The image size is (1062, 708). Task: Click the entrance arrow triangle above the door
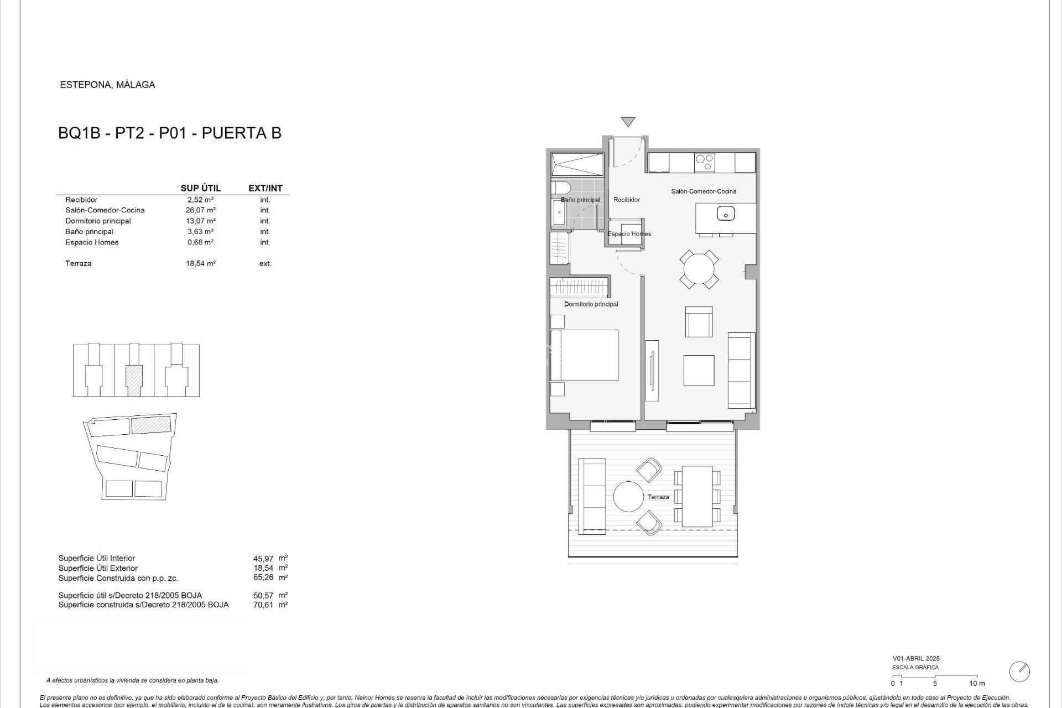click(628, 122)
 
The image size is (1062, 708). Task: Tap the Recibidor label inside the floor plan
click(627, 200)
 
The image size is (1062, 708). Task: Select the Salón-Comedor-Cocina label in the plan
click(704, 191)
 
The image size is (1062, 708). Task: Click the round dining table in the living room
click(699, 269)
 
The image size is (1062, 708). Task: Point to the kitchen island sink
click(725, 213)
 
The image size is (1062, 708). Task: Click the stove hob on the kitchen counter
click(704, 162)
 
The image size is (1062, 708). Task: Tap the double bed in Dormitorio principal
click(584, 355)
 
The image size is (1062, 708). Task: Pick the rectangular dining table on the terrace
click(697, 496)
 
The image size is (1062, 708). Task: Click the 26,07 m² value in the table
click(200, 210)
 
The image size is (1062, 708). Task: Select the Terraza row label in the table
click(79, 264)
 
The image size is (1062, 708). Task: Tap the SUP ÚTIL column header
click(200, 189)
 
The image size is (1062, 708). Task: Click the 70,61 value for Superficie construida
click(263, 605)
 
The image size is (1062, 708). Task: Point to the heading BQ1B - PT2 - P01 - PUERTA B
click(170, 133)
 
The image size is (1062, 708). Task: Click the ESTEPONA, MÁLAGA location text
click(107, 85)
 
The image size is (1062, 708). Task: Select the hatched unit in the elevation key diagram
click(134, 380)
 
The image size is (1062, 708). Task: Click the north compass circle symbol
click(1019, 671)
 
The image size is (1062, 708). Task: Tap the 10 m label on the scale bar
click(977, 683)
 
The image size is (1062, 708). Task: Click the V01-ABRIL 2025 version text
click(916, 658)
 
